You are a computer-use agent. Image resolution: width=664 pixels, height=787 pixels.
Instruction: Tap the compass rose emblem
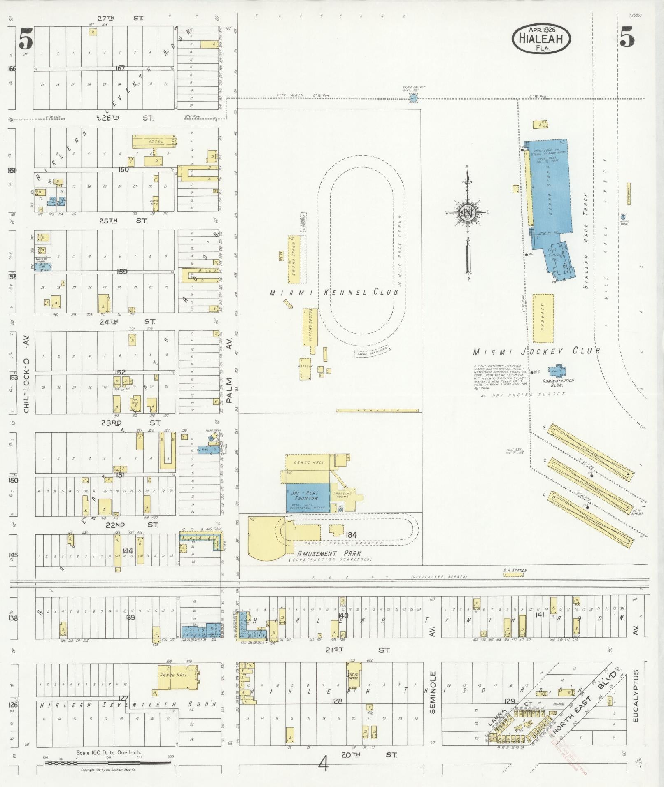468,213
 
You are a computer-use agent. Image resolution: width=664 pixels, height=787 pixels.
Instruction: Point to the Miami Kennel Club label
334,293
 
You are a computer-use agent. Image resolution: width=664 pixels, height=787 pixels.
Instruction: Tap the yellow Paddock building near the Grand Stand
543,318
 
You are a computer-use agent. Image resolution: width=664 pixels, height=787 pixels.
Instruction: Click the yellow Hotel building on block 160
154,141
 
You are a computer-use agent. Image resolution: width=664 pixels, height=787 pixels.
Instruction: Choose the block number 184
351,535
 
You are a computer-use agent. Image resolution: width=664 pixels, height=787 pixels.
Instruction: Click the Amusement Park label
329,554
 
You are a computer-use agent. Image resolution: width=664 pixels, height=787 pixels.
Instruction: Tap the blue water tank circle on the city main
413,98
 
